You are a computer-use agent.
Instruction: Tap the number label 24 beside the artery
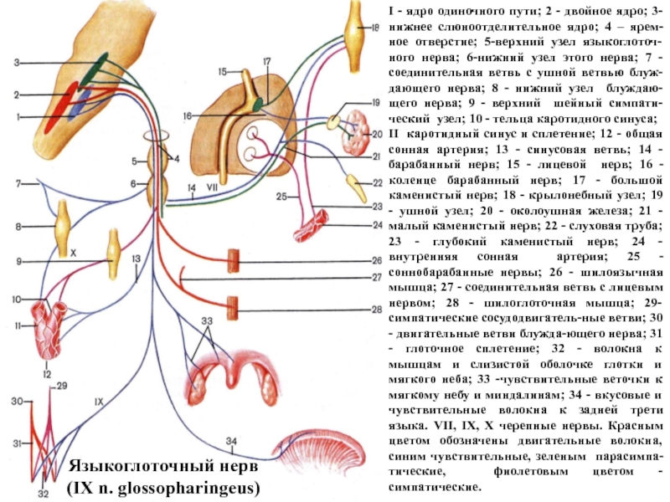click(x=376, y=224)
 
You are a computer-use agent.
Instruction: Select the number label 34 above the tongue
click(x=231, y=441)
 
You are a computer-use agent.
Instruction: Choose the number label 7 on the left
click(x=16, y=182)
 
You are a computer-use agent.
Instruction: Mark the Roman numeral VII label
click(x=211, y=189)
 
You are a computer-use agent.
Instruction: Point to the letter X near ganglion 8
click(x=73, y=249)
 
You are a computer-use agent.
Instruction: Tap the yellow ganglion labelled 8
click(x=63, y=227)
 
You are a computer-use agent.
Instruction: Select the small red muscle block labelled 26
click(x=235, y=260)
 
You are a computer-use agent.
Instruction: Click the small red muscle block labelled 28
click(x=235, y=308)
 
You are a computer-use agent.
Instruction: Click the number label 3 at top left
click(x=17, y=62)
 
